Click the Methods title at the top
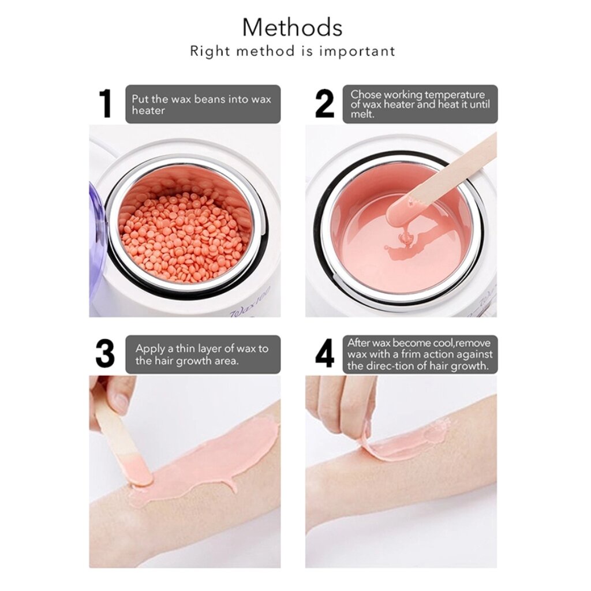click(x=293, y=27)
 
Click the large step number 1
click(x=106, y=103)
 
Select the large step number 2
click(x=324, y=103)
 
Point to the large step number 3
click(x=105, y=354)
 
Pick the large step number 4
click(x=324, y=354)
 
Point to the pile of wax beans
click(x=185, y=235)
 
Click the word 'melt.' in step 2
click(x=362, y=115)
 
